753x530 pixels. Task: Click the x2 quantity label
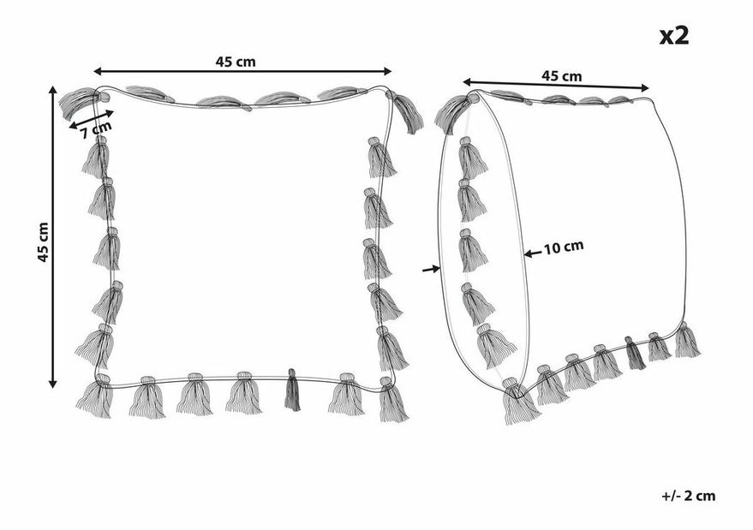pos(674,35)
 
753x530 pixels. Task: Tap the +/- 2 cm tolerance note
pos(689,496)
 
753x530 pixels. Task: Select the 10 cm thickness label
pos(564,247)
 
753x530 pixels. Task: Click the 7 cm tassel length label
pos(96,129)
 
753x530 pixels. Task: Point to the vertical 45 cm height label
pos(43,242)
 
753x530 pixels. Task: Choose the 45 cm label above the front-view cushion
pos(236,62)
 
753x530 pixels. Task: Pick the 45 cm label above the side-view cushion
pos(561,76)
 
